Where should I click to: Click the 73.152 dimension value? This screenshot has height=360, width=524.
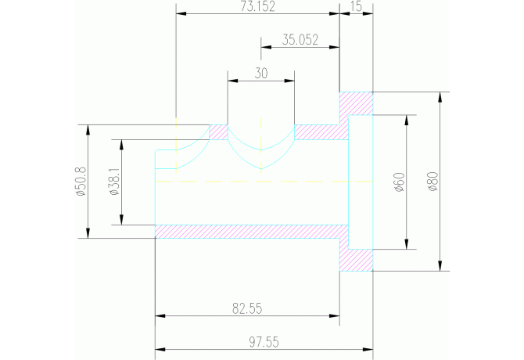259,7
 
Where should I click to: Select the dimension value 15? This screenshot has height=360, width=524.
357,7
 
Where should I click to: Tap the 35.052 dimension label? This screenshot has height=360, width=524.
300,41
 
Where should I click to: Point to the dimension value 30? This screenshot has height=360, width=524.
261,73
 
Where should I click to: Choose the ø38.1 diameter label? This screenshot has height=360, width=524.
115,182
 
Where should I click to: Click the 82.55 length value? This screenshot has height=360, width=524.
247,308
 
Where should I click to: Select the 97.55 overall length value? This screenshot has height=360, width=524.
264,342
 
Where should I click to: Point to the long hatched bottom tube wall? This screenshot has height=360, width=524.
250,231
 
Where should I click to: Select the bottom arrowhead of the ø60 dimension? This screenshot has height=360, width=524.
406,245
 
